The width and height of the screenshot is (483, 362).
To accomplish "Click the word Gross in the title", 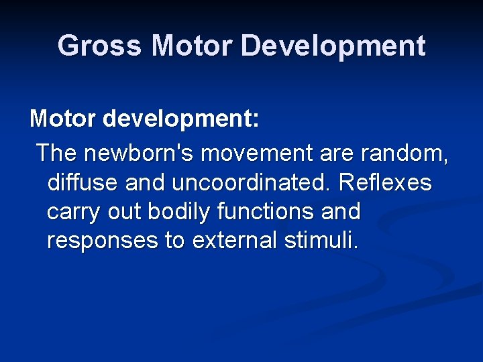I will point(100,46).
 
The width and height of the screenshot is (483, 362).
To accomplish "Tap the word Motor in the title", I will point(191,46).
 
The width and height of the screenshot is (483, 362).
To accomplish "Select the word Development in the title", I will point(333,46).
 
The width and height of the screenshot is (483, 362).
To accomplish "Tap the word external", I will point(231,241).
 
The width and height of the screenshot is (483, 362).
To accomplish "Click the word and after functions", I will point(341,212).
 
